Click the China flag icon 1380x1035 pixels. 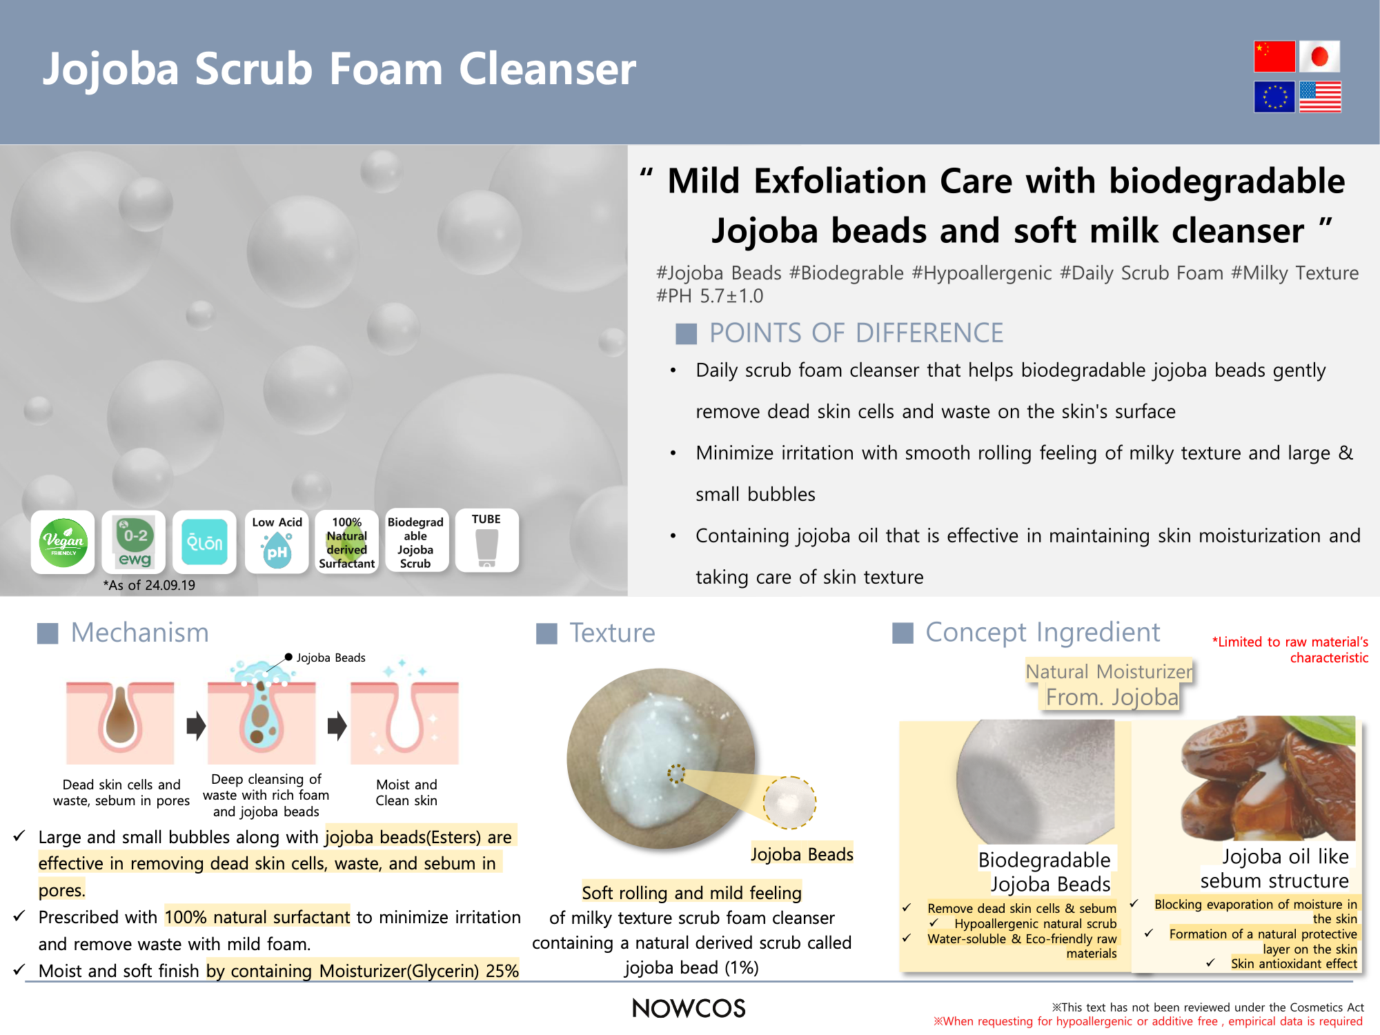[x=1274, y=57]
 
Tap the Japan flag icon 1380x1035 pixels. [x=1320, y=57]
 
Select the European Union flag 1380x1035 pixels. [x=1274, y=97]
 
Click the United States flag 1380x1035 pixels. [x=1320, y=97]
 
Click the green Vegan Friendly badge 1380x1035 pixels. [x=63, y=542]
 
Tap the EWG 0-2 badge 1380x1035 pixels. [x=134, y=542]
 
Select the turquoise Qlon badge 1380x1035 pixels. [x=204, y=542]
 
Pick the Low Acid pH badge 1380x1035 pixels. [x=277, y=542]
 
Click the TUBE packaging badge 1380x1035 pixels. [x=486, y=541]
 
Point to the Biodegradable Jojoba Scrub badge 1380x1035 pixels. [x=415, y=542]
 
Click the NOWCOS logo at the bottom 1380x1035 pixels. [x=689, y=1008]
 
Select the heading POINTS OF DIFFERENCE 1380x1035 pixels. [x=856, y=333]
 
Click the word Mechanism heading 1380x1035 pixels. [x=140, y=633]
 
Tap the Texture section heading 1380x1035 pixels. [x=612, y=633]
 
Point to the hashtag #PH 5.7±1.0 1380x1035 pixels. [x=709, y=296]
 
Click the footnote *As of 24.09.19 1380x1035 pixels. [x=149, y=585]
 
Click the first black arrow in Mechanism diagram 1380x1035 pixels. [x=197, y=725]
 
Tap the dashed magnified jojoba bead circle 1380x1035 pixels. [x=790, y=802]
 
